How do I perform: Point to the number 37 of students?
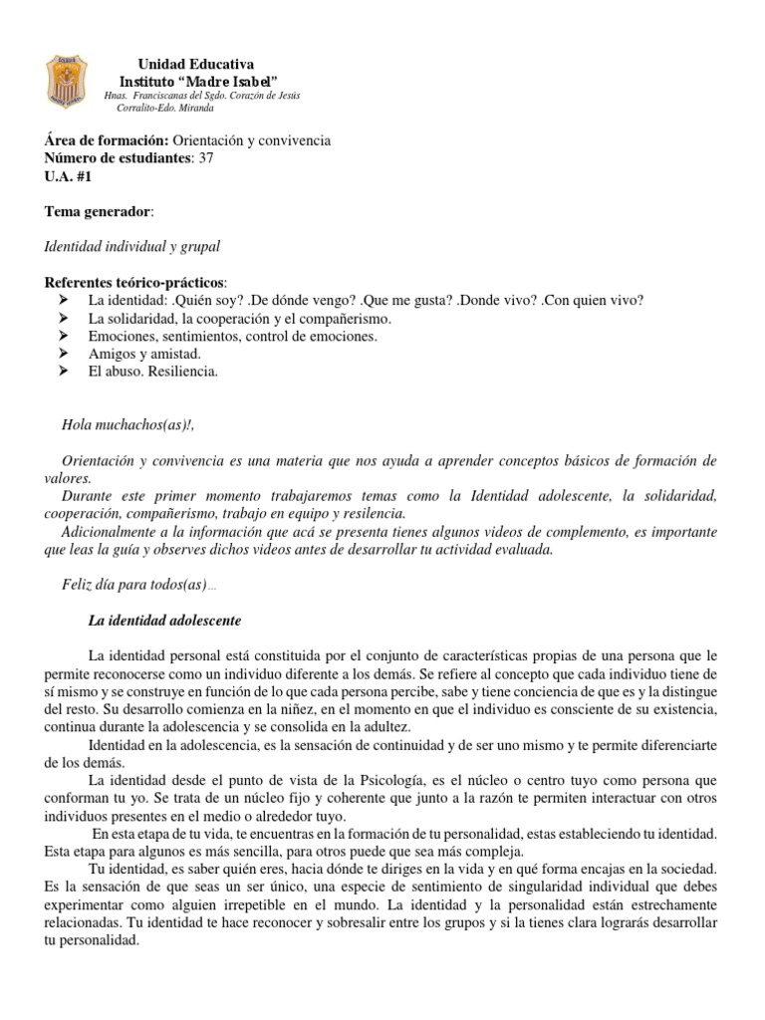pos(206,158)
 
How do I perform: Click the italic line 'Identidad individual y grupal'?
pos(132,246)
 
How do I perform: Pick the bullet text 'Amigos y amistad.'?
pos(144,354)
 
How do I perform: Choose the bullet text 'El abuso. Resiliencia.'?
pos(152,372)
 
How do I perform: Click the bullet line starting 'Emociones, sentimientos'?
pos(232,337)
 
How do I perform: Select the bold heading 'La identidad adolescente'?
pos(164,621)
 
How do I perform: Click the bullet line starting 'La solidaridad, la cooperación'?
pos(240,319)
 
